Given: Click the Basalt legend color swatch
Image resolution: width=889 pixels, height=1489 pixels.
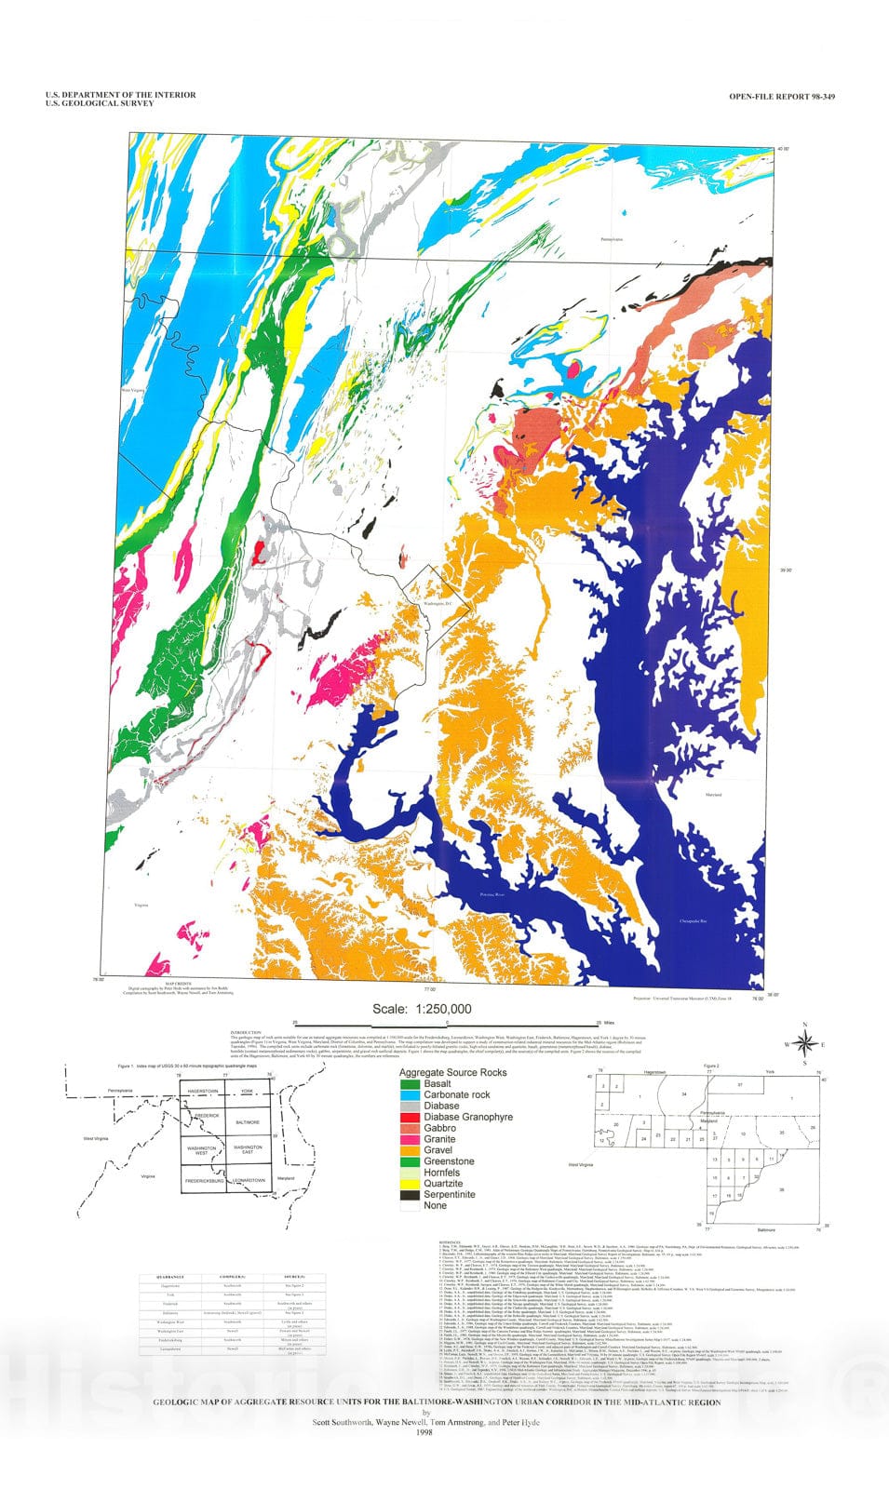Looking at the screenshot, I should pyautogui.click(x=410, y=1084).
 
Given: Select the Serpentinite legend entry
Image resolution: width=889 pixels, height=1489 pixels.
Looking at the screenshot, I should pyautogui.click(x=450, y=1195).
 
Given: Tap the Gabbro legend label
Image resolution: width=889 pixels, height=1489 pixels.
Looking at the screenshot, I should pyautogui.click(x=439, y=1128).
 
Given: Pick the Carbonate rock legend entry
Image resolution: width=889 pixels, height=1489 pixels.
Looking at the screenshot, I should pyautogui.click(x=456, y=1095).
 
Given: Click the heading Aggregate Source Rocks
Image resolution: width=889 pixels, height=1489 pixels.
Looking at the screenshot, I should pyautogui.click(x=453, y=1073).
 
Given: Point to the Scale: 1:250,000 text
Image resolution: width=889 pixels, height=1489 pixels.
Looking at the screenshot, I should pyautogui.click(x=422, y=1009).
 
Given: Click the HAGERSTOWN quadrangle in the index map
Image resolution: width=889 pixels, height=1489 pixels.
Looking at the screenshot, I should pyautogui.click(x=202, y=1090).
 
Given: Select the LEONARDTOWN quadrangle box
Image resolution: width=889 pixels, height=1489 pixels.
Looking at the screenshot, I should pyautogui.click(x=249, y=1180).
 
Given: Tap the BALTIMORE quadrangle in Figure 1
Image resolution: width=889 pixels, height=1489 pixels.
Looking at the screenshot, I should pyautogui.click(x=249, y=1122).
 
